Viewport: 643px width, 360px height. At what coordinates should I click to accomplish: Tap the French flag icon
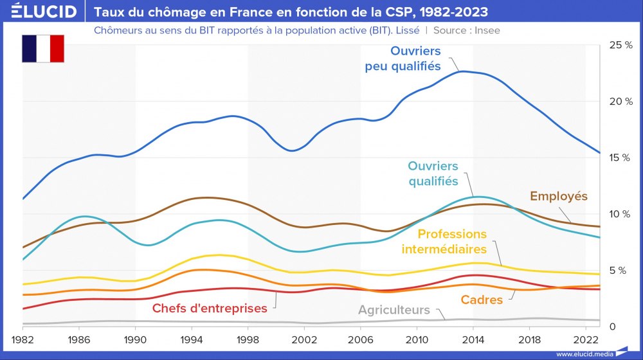tap(43, 49)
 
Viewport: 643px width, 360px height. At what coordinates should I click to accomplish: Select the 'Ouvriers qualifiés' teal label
tap(433, 174)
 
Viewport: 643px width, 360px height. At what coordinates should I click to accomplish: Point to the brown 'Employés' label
tap(558, 196)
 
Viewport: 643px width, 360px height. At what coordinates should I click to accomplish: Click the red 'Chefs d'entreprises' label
tap(210, 309)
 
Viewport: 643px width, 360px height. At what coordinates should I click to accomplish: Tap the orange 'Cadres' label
tap(482, 300)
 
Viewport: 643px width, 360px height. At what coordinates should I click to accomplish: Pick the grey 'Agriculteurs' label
tap(394, 310)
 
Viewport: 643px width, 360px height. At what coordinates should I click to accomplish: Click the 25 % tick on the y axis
tap(620, 45)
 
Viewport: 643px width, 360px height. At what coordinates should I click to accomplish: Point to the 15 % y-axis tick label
tap(620, 157)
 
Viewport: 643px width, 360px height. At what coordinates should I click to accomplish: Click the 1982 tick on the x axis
tap(23, 338)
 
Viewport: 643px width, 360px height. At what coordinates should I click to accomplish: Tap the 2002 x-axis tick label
tap(304, 338)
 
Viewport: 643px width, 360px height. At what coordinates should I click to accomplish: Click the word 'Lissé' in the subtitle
tap(412, 30)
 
